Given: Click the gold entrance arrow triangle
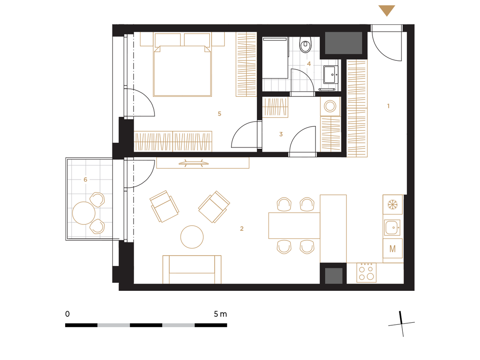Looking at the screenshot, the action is click(386, 10).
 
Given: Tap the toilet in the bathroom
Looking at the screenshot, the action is click(305, 44).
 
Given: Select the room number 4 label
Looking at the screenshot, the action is click(308, 64).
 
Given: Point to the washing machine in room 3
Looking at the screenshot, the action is click(330, 107).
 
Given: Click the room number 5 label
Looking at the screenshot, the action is click(219, 114).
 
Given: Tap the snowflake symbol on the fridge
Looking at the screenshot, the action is click(392, 204).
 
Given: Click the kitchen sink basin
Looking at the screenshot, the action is click(392, 228).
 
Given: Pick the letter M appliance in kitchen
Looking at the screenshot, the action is click(392, 249).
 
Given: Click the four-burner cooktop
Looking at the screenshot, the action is click(366, 272).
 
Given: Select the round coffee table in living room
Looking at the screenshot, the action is click(192, 237).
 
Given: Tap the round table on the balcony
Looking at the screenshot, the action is click(84, 213).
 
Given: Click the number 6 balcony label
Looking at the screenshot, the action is click(85, 180).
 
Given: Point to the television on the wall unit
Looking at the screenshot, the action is click(193, 163).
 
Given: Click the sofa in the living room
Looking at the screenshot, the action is click(192, 270).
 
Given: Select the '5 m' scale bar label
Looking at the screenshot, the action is click(220, 314).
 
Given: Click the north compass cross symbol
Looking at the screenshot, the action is click(401, 324).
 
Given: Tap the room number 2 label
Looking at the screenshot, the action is click(242, 229).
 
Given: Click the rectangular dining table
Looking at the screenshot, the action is click(294, 226).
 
